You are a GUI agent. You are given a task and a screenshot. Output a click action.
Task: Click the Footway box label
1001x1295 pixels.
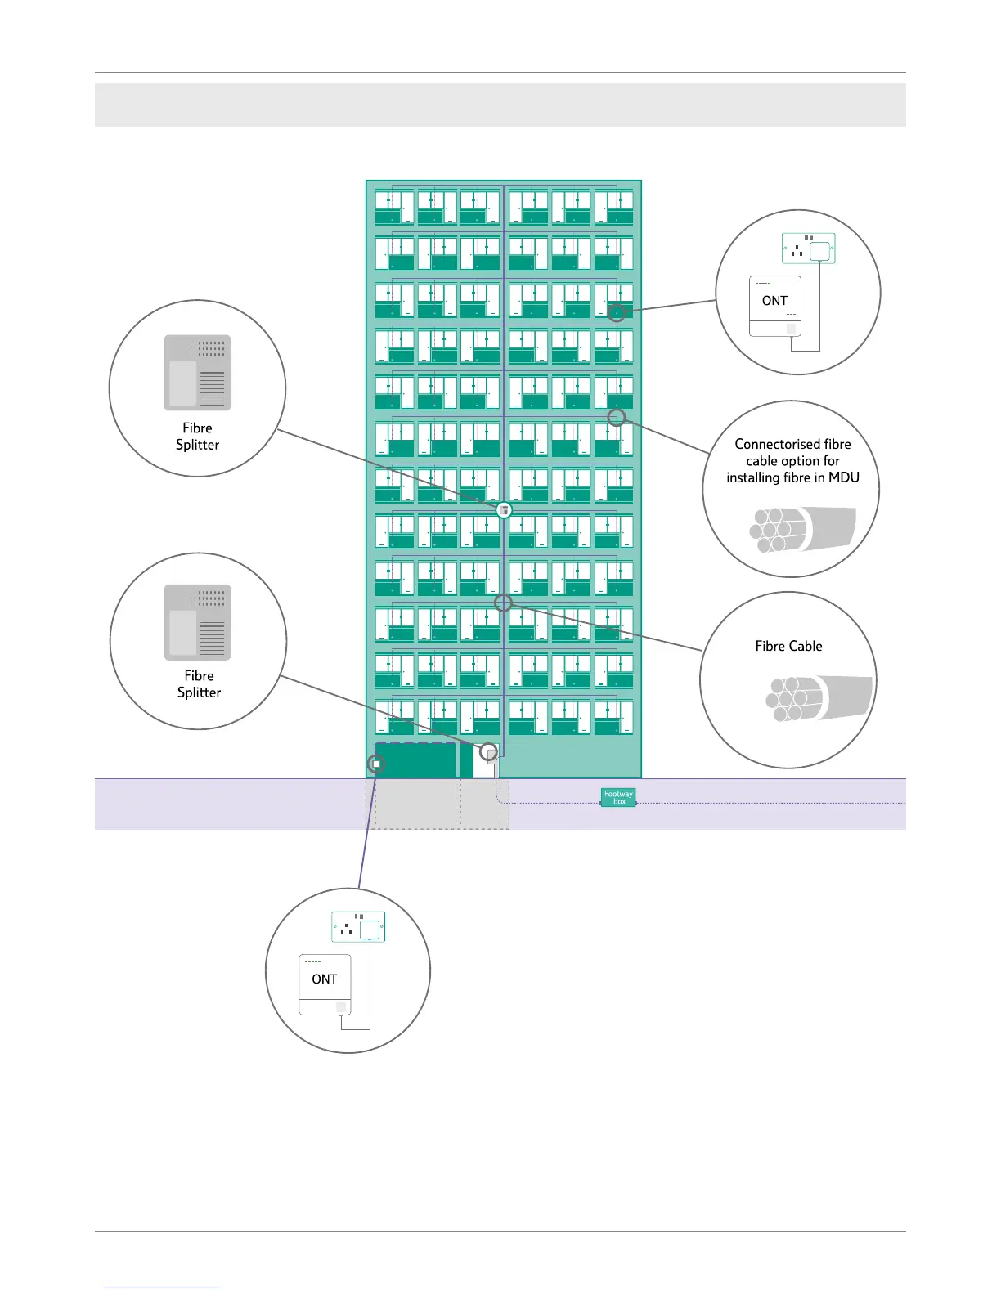[x=618, y=797]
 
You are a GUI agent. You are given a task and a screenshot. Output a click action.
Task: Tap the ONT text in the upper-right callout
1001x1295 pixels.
[x=774, y=301]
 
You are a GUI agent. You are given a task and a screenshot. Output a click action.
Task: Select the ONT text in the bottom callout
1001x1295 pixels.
[x=325, y=979]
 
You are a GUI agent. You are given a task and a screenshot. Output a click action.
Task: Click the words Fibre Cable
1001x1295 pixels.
[x=788, y=646]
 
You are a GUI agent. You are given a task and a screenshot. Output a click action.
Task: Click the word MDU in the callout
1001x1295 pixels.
[x=844, y=477]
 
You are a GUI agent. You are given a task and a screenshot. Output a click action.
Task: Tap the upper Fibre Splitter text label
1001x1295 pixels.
[x=197, y=437]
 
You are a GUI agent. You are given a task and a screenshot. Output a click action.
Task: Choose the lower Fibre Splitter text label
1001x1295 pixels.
[x=199, y=684]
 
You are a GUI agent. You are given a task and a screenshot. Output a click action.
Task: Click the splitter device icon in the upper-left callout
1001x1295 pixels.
[x=198, y=373]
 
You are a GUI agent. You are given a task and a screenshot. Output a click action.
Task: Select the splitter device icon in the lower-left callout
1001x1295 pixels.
[x=198, y=622]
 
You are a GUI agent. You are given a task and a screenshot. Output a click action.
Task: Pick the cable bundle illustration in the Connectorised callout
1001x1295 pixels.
[x=802, y=529]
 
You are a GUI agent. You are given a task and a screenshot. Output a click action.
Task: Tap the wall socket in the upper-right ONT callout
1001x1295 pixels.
[x=808, y=249]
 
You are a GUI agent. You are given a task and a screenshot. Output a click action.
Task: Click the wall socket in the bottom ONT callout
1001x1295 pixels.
[x=358, y=927]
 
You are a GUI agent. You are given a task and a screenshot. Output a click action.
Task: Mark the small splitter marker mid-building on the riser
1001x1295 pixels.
[x=504, y=510]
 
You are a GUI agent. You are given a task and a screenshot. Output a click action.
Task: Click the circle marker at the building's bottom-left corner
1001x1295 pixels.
[x=376, y=764]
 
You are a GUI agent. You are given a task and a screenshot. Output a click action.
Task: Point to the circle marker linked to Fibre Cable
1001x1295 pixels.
[x=504, y=603]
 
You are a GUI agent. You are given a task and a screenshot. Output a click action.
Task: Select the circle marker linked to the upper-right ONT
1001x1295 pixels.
[x=617, y=313]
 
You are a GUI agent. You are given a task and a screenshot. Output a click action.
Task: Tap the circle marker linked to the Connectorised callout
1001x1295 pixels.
[x=617, y=418]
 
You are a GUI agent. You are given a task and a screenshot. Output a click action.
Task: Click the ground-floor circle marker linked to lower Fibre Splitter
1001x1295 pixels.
[x=488, y=751]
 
